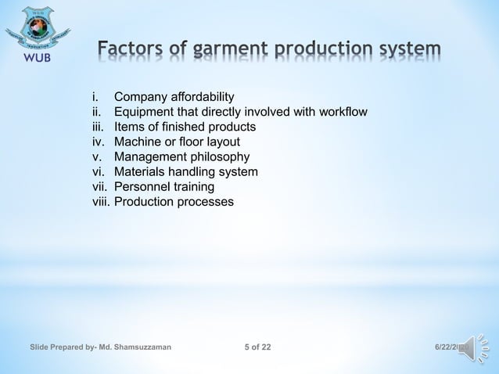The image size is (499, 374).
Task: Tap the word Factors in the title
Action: tap(142, 51)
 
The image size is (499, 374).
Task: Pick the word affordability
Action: tap(201, 98)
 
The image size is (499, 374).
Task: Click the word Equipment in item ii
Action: tap(145, 113)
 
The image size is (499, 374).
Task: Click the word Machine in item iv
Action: tap(138, 142)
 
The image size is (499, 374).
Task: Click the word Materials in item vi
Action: tap(140, 172)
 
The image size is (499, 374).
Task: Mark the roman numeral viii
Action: tap(101, 202)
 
